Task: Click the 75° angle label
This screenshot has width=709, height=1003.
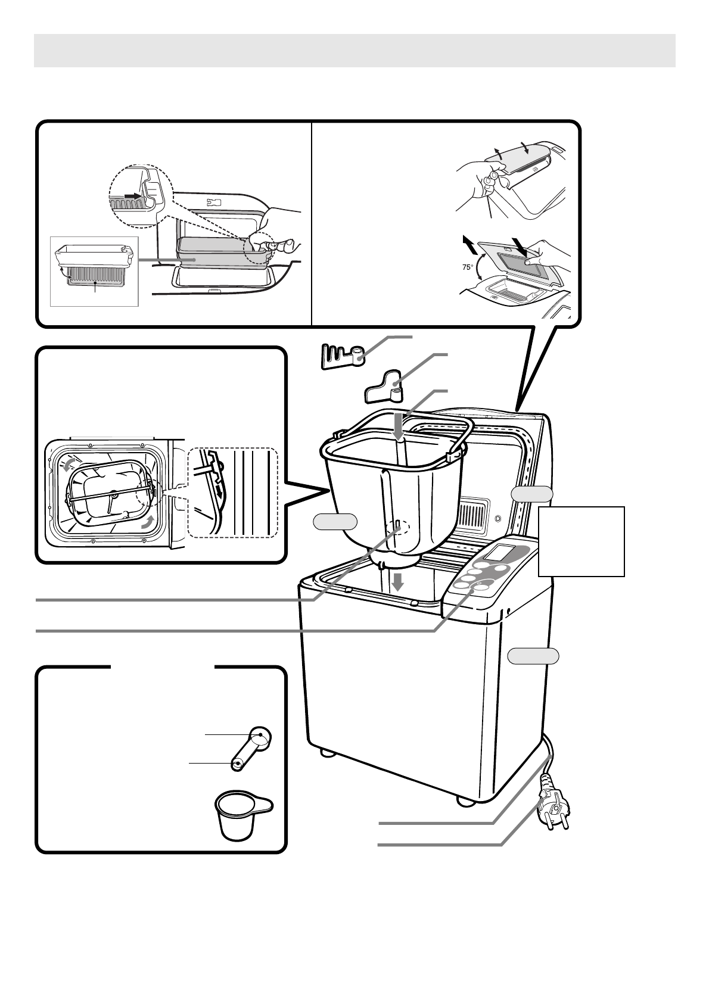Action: pyautogui.click(x=468, y=268)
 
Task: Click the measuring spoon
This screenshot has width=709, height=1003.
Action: pyautogui.click(x=251, y=747)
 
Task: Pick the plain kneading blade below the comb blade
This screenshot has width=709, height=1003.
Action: pyautogui.click(x=384, y=385)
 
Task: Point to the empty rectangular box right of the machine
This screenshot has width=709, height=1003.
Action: pyautogui.click(x=581, y=541)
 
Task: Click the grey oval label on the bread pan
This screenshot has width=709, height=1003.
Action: pyautogui.click(x=335, y=521)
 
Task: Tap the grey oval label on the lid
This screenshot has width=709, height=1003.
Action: pyautogui.click(x=532, y=493)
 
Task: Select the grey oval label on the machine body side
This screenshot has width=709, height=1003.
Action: pyautogui.click(x=533, y=656)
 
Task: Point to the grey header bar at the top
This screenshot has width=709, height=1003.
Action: pyautogui.click(x=354, y=51)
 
